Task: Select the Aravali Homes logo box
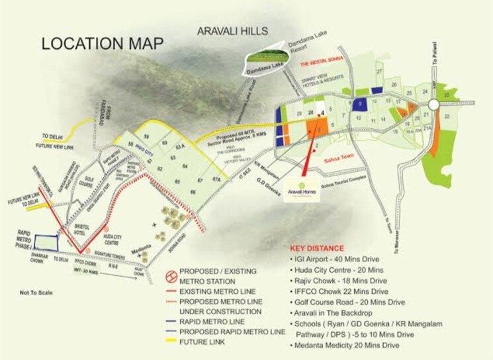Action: [302, 189]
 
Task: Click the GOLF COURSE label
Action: [88, 183]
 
